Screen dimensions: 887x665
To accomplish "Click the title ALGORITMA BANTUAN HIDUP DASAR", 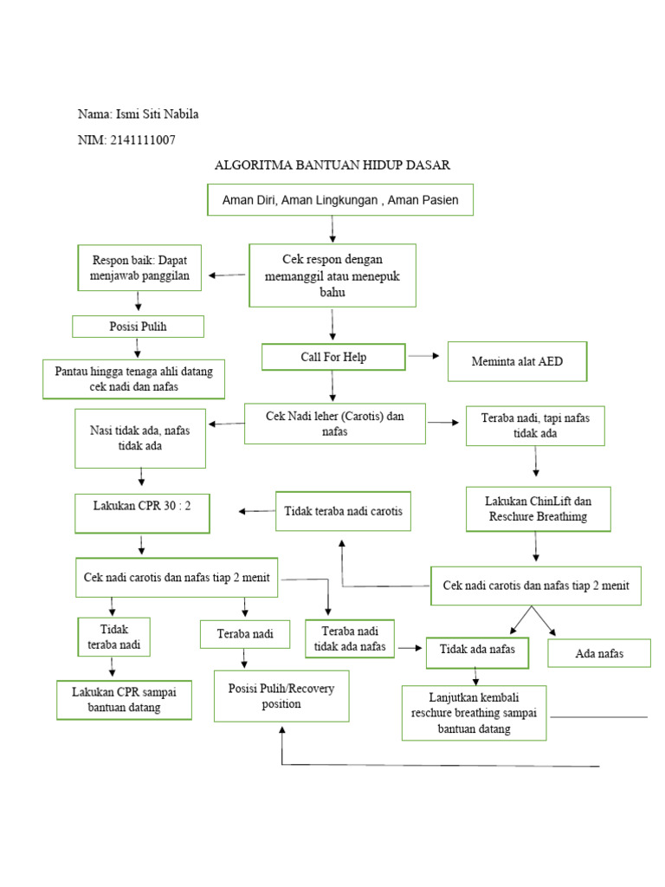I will [332, 165].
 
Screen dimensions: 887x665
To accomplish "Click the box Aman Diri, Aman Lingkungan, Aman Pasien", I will [340, 199].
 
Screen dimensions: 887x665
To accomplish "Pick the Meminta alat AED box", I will [517, 361].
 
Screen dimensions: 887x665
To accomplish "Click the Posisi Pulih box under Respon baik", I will [138, 326].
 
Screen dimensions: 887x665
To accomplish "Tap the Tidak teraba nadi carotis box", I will [343, 512].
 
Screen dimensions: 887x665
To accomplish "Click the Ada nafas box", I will [598, 653].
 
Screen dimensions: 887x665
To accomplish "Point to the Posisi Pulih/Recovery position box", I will [282, 696].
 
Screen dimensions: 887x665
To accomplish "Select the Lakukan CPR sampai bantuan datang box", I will [124, 700].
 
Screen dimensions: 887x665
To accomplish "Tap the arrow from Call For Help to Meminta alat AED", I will [423, 355].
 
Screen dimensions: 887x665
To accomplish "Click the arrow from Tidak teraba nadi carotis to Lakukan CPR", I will [256, 511].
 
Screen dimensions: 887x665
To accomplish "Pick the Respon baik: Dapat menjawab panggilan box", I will [139, 268].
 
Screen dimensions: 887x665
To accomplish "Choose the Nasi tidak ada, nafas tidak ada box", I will [140, 438].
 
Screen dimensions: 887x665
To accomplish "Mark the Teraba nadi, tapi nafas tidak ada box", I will [535, 425].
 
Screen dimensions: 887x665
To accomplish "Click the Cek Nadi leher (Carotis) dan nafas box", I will [334, 424].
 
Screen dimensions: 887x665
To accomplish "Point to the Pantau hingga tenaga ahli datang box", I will [133, 379].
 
